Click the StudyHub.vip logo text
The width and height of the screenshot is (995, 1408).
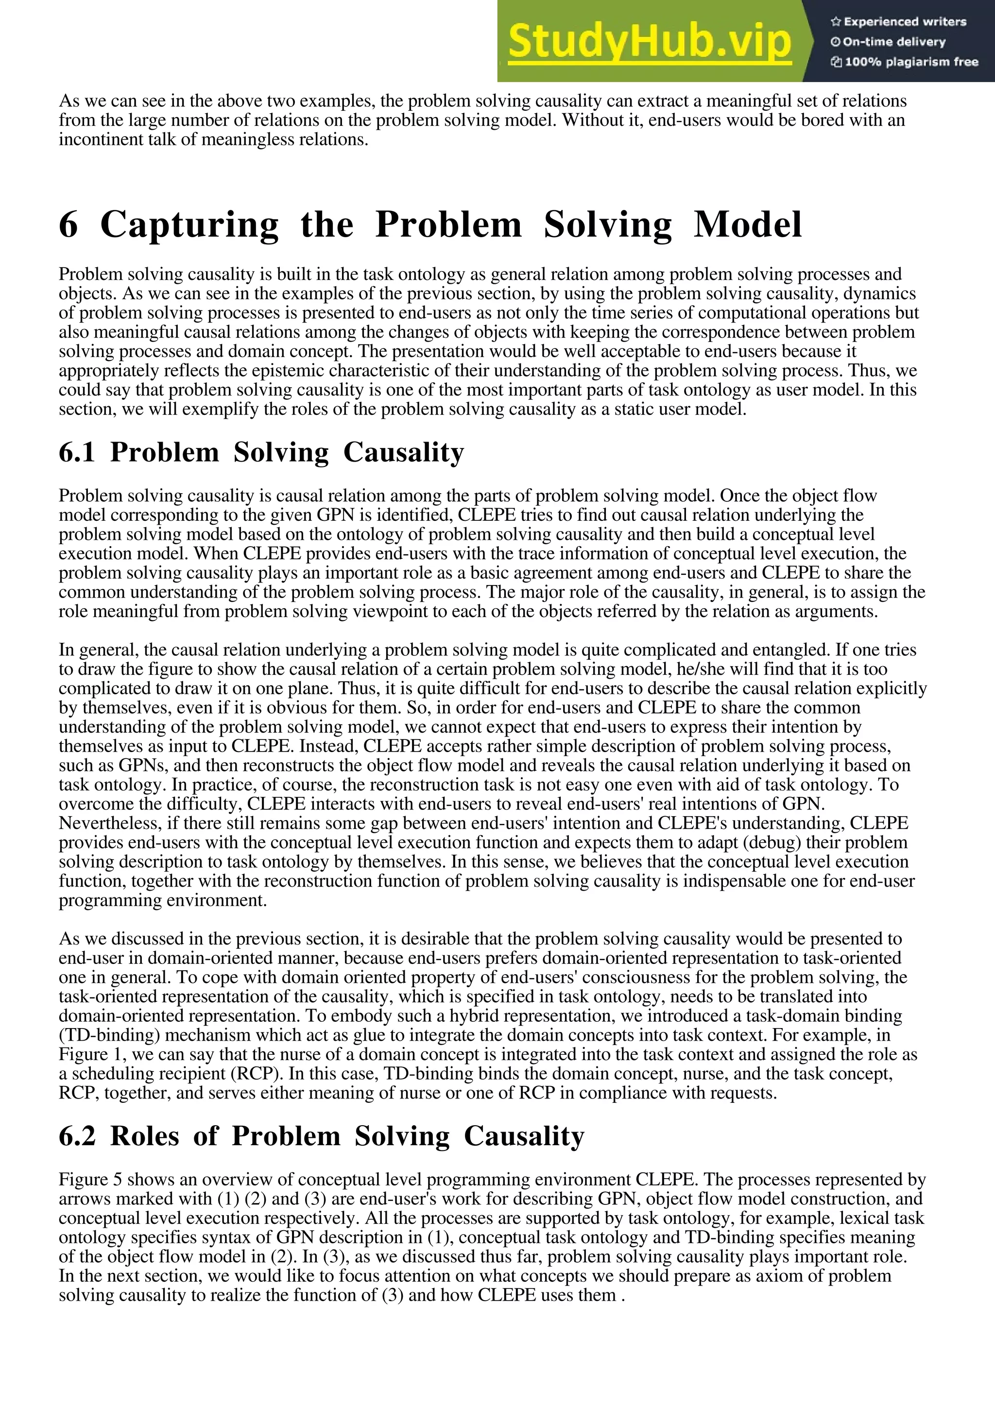(649, 42)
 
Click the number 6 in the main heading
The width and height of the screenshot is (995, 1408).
(69, 225)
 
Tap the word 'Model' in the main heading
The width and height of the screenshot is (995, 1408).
(747, 225)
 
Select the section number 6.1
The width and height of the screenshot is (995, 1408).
(77, 453)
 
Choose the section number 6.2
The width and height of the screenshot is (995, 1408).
(77, 1136)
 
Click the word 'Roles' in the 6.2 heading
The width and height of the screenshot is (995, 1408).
(145, 1136)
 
